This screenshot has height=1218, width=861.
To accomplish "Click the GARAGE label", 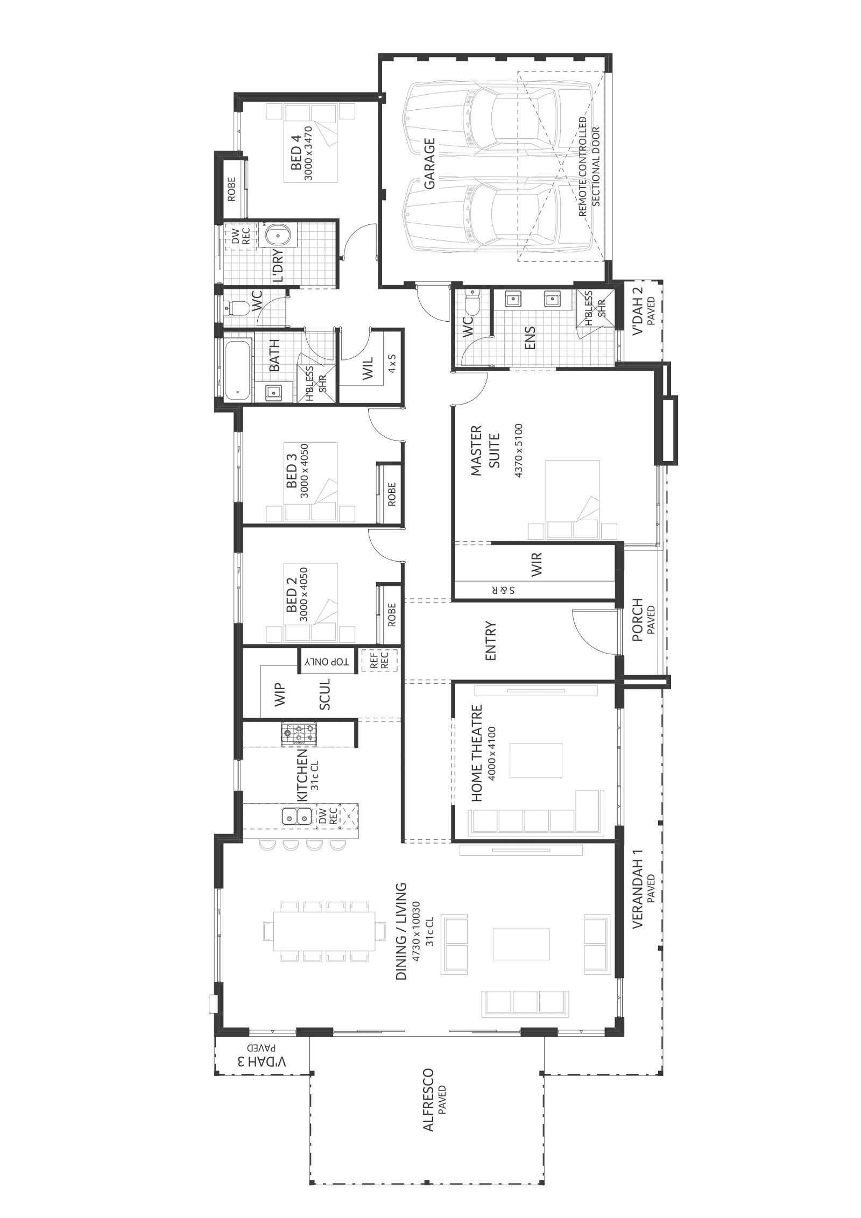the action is [x=429, y=164].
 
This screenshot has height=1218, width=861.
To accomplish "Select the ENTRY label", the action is [x=490, y=641].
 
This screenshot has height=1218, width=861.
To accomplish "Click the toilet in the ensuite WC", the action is [x=472, y=304].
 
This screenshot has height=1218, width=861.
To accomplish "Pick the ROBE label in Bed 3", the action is [x=391, y=494].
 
